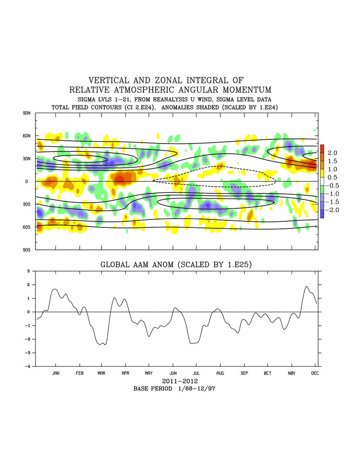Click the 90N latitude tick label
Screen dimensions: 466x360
click(26, 113)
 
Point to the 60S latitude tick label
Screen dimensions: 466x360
click(26, 227)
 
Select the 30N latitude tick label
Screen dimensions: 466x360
click(26, 158)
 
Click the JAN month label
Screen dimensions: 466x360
click(55, 373)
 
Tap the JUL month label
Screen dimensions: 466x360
click(196, 373)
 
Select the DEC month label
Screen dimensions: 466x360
click(315, 373)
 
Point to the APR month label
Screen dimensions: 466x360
click(125, 373)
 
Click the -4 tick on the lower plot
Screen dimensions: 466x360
click(28, 366)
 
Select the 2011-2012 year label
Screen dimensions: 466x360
click(177, 381)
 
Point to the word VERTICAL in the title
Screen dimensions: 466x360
click(110, 81)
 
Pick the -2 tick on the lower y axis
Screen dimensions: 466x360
click(28, 339)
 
